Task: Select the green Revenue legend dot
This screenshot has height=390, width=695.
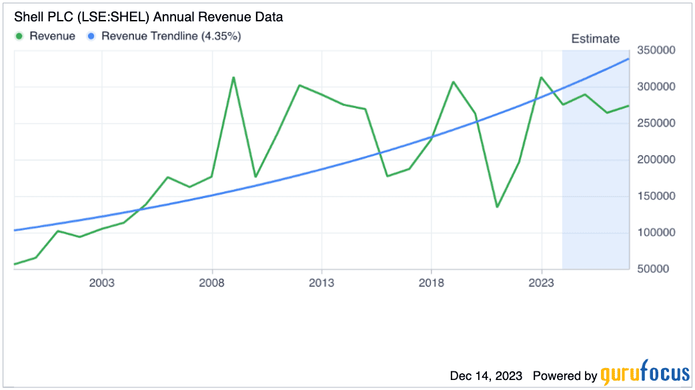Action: point(20,36)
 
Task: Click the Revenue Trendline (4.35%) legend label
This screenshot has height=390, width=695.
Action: point(171,36)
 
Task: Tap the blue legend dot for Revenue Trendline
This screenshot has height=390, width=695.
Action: point(93,36)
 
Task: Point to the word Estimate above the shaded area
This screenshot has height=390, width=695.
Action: point(595,39)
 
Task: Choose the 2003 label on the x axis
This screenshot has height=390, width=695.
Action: point(102,282)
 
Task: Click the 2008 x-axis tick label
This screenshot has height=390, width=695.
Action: point(212,282)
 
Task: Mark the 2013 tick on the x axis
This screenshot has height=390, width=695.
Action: point(321,282)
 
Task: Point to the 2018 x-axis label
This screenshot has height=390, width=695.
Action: point(432,282)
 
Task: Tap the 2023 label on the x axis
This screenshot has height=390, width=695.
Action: point(541,282)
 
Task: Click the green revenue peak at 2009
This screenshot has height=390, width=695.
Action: point(233,77)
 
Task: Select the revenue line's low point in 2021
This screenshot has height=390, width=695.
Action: point(497,207)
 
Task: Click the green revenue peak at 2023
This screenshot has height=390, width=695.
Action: point(541,77)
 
